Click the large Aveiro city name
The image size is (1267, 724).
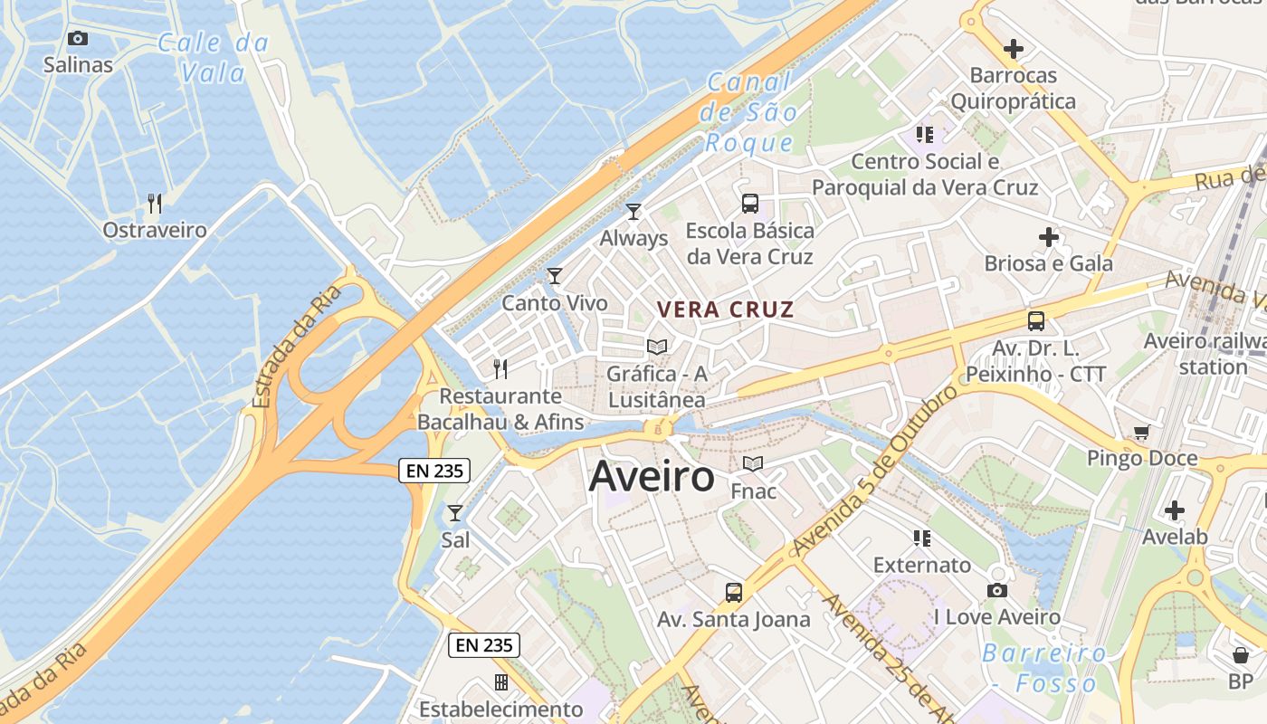tap(652, 477)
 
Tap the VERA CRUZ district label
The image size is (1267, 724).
tap(725, 310)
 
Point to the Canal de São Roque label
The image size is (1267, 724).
tap(751, 112)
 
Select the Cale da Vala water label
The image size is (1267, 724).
tap(214, 57)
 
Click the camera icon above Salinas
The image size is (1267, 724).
tap(78, 38)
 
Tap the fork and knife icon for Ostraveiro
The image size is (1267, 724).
tap(155, 203)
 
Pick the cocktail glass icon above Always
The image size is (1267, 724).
tap(633, 212)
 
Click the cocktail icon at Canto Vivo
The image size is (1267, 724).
tap(555, 276)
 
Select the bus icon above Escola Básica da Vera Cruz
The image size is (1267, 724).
tap(749, 203)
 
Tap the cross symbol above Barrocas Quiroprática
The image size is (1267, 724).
tap(1014, 48)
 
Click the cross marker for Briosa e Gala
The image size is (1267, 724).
tap(1048, 237)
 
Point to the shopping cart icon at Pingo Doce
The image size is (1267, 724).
tap(1141, 433)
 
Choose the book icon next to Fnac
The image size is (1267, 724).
tap(753, 464)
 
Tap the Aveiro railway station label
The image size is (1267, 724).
tap(1204, 354)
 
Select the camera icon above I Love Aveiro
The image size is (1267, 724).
tap(997, 590)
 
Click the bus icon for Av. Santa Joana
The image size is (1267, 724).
tap(733, 593)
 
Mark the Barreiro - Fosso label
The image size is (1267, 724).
tap(1044, 668)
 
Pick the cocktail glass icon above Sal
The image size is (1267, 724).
tap(455, 513)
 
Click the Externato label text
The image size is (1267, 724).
tap(922, 566)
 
